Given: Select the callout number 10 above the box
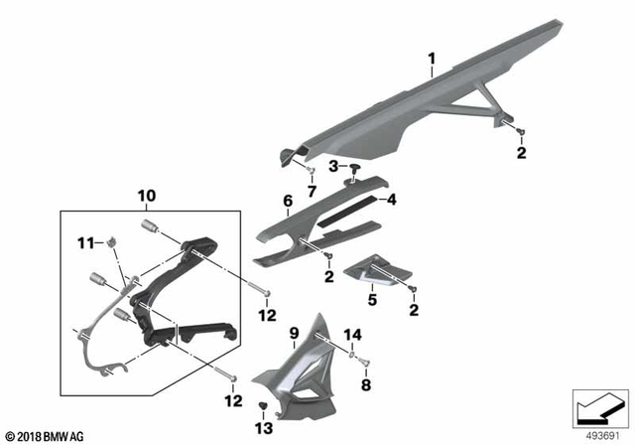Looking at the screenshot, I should [x=147, y=197].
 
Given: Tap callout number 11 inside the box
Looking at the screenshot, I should [x=86, y=242].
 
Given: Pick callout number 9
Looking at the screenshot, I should [x=294, y=332].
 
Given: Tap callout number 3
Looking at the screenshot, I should [x=334, y=164].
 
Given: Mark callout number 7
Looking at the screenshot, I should [x=310, y=190].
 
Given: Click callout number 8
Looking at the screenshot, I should [x=365, y=382].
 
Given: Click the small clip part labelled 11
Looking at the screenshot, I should [x=112, y=239].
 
